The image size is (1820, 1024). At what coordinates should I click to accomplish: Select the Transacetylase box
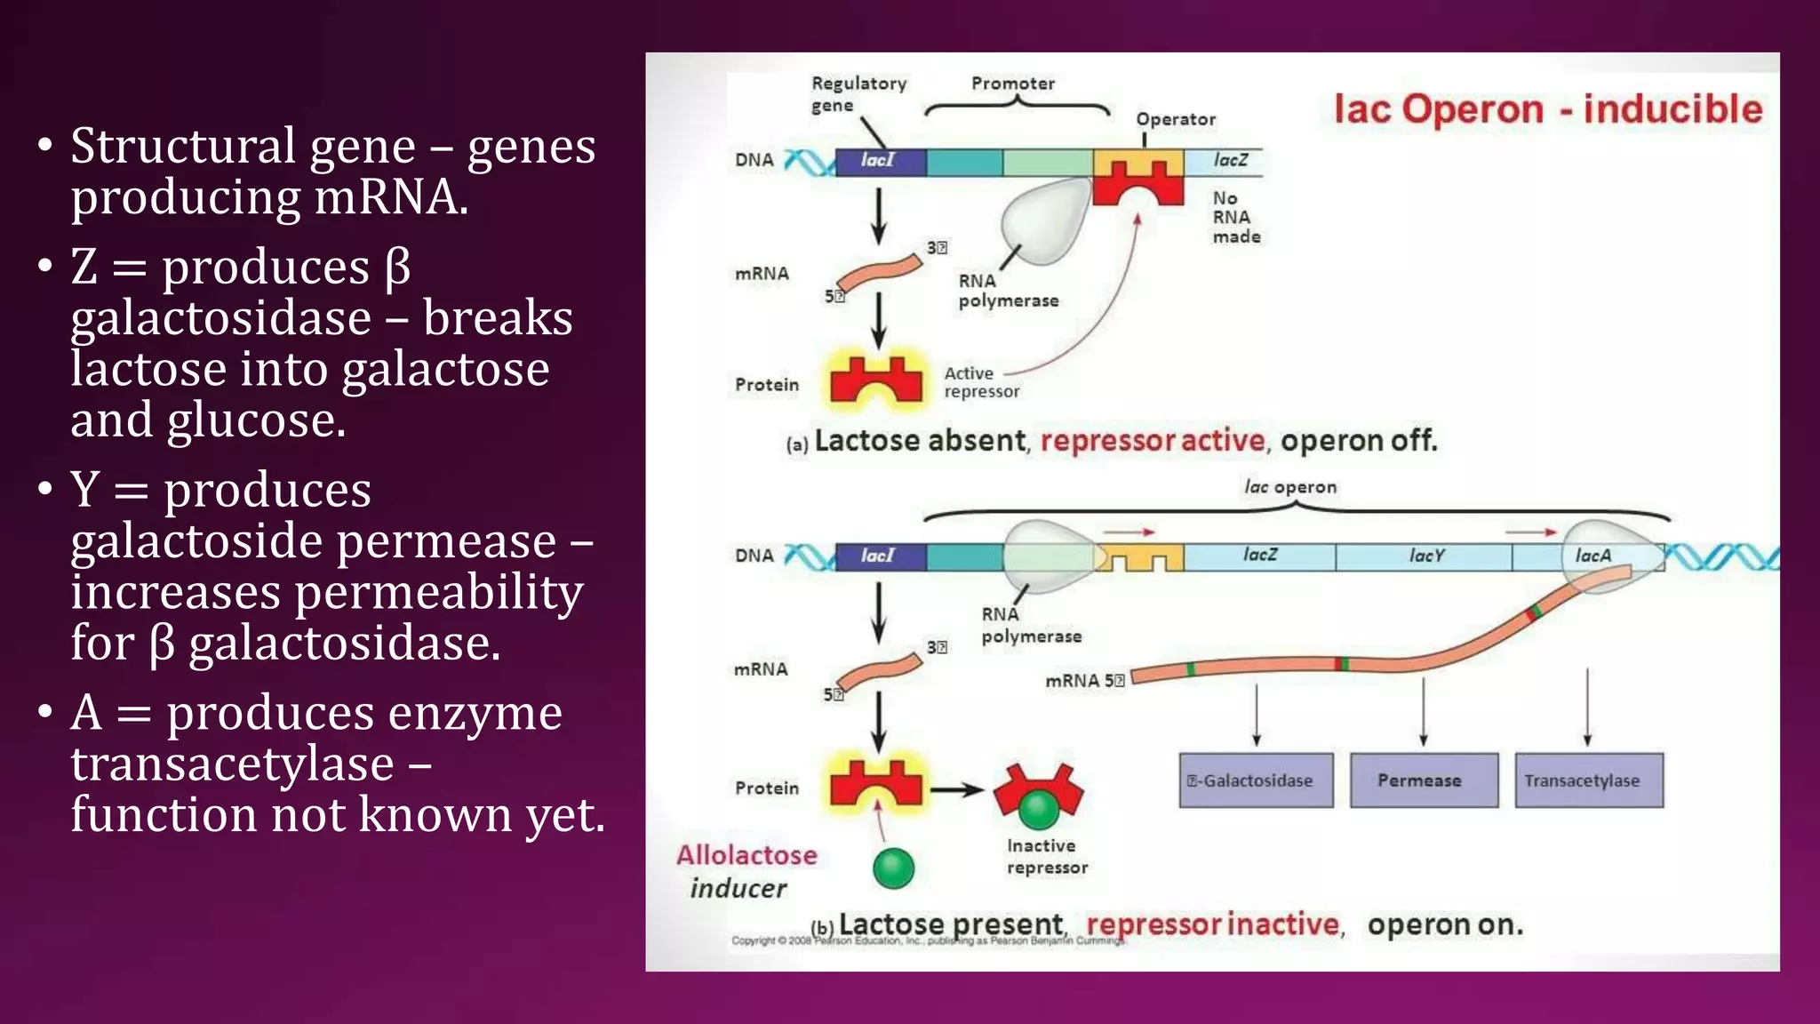click(x=1588, y=780)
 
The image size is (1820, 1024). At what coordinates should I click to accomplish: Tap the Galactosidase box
click(x=1256, y=780)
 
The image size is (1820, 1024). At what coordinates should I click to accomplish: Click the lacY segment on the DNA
click(x=1425, y=556)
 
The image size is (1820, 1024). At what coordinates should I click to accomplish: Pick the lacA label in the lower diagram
click(x=1592, y=556)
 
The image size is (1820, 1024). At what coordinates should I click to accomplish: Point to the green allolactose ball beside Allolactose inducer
click(x=893, y=868)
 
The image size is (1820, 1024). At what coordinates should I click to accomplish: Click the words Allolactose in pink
click(x=746, y=855)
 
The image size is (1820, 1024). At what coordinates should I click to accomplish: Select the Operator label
click(x=1175, y=119)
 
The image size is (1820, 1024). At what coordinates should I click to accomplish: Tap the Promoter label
click(x=1012, y=84)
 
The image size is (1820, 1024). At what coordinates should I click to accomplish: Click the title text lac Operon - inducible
click(x=1547, y=109)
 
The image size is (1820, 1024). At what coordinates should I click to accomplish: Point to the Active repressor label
click(x=980, y=382)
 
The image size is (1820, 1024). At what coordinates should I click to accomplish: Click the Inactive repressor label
click(x=1046, y=856)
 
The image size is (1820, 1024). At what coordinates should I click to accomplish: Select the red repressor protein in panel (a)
click(x=876, y=381)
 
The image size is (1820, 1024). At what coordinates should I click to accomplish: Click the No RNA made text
click(x=1236, y=217)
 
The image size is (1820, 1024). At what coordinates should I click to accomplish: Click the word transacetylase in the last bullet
click(x=232, y=764)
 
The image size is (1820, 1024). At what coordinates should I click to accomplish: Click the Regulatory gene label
click(x=857, y=93)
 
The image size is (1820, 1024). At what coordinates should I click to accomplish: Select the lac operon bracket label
click(x=1289, y=487)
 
